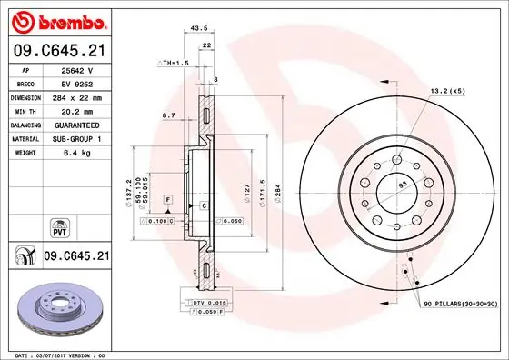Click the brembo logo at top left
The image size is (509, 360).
(58, 19)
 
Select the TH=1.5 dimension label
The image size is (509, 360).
(173, 64)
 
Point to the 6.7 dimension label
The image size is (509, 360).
(168, 115)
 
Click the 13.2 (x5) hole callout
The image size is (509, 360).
(448, 91)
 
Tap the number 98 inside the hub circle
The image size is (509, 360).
(401, 187)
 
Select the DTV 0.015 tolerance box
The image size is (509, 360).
(207, 302)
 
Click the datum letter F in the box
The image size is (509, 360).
(168, 198)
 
